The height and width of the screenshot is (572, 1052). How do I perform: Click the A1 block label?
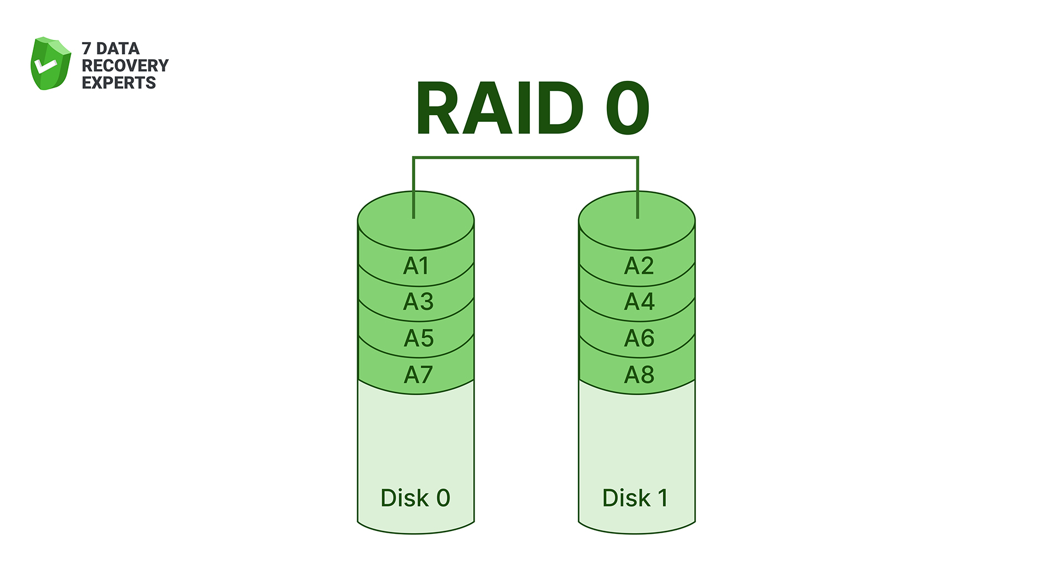416,266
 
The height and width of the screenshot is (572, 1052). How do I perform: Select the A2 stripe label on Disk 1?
639,266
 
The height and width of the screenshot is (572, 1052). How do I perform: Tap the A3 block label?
418,302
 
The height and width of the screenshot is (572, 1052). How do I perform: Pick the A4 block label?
640,302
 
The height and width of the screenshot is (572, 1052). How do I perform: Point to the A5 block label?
419,338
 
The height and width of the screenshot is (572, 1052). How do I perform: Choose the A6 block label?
640,338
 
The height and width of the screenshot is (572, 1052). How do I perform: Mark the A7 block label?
418,375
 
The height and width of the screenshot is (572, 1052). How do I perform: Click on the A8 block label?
640,375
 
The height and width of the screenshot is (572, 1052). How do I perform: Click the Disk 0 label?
415,498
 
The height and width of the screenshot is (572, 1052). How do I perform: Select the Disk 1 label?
635,498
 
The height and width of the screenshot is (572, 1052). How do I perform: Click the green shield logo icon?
50,64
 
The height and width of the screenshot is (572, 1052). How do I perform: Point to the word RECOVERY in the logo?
125,65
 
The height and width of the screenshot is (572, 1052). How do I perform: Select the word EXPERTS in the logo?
119,83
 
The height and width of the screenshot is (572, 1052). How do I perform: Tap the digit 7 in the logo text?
86,49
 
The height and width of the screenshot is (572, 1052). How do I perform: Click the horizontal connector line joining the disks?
526,158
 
